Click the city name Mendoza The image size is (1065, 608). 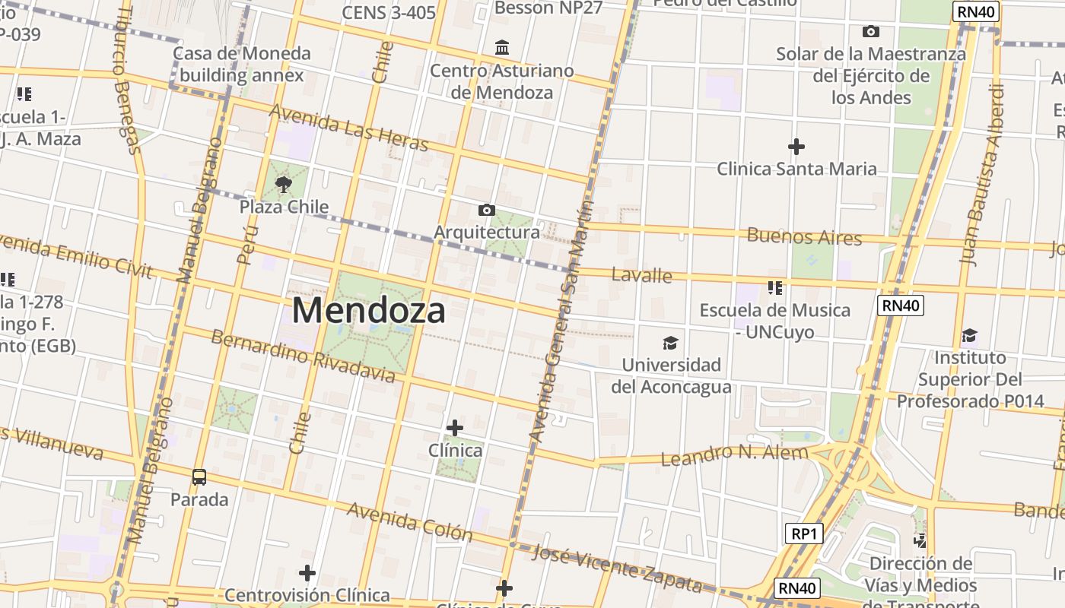368,310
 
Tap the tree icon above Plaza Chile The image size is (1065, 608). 284,183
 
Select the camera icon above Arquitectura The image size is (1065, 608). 487,210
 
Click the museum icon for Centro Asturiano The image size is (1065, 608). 502,48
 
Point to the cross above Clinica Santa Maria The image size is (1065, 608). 796,146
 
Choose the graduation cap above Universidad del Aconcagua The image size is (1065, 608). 670,343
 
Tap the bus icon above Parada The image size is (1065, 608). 199,477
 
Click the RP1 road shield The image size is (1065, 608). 803,534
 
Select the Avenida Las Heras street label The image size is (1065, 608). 349,128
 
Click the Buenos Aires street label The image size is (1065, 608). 804,236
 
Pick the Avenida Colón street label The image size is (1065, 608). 409,521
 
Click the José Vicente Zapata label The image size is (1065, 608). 617,568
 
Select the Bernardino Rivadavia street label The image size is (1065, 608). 303,355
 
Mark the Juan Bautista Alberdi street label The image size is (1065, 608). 981,175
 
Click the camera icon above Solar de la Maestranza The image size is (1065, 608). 870,31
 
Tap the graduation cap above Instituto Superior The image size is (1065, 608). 969,335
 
